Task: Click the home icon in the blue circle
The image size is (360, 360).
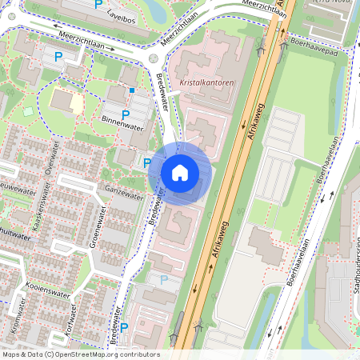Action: (180, 173)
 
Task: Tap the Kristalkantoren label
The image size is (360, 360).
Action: (206, 82)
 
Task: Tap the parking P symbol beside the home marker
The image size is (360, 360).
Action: (147, 163)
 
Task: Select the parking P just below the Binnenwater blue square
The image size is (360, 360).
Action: (125, 114)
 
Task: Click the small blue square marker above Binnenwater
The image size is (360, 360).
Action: (132, 90)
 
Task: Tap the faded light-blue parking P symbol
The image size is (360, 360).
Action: (164, 280)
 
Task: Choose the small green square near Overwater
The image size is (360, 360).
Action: (30, 111)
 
